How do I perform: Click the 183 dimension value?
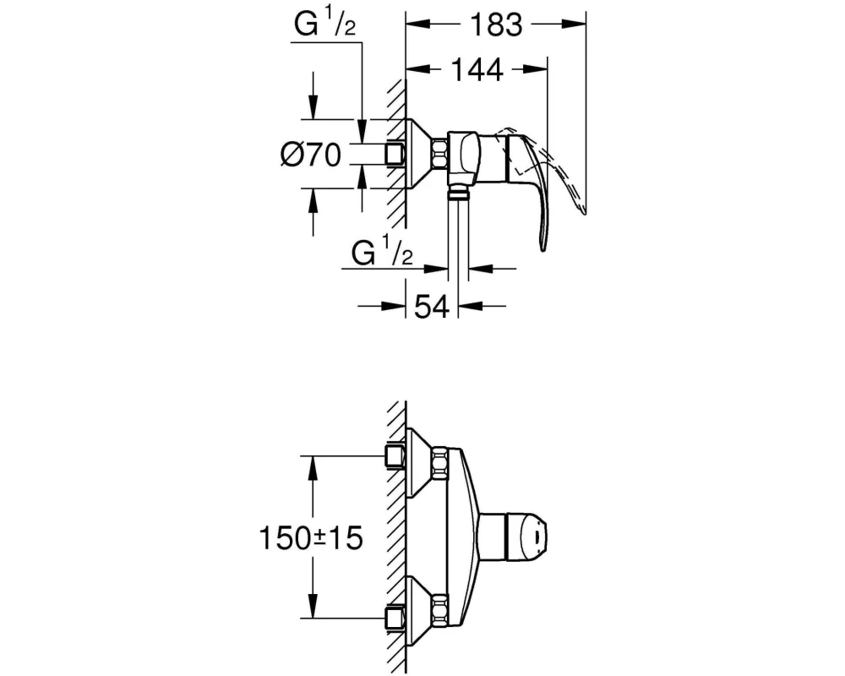(496, 25)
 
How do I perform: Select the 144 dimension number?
(477, 69)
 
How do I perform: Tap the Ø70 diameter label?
(311, 155)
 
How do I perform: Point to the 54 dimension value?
(431, 307)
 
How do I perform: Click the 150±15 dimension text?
(312, 537)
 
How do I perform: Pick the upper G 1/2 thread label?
(325, 25)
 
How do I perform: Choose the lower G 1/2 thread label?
(382, 253)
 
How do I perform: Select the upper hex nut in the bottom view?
(439, 461)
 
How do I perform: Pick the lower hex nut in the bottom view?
(439, 608)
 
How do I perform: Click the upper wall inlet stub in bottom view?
(395, 456)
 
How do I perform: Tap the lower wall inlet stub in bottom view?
(395, 618)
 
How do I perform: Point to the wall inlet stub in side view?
(395, 154)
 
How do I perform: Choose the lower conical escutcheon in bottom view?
(419, 611)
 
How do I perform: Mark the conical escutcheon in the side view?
(419, 154)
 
